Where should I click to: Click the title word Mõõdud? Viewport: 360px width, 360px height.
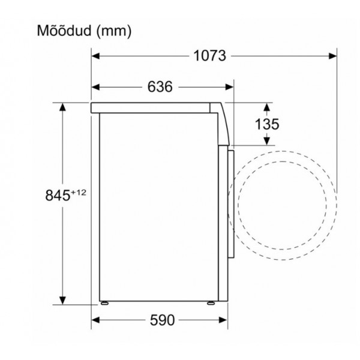(64, 31)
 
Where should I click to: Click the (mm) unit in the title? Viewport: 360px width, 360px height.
(113, 31)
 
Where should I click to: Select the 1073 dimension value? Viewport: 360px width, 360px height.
(209, 56)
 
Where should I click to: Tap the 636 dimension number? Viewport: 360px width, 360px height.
(160, 87)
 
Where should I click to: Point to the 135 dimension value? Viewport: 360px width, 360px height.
(267, 124)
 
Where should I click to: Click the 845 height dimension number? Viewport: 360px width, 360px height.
(58, 196)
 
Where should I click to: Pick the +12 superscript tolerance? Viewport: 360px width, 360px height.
(78, 193)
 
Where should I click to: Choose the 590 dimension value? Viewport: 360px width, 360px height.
(163, 320)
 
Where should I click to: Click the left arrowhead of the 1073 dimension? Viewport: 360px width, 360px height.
(95, 56)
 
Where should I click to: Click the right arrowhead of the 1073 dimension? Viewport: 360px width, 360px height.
(332, 56)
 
